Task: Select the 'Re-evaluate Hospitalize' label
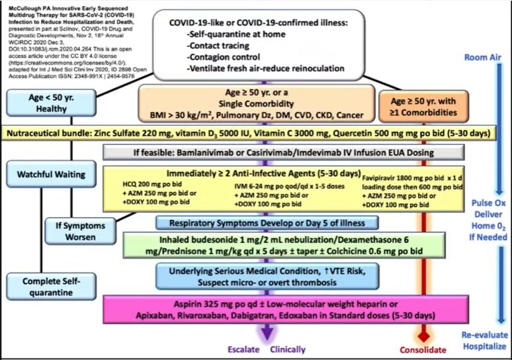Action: click(485, 341)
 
